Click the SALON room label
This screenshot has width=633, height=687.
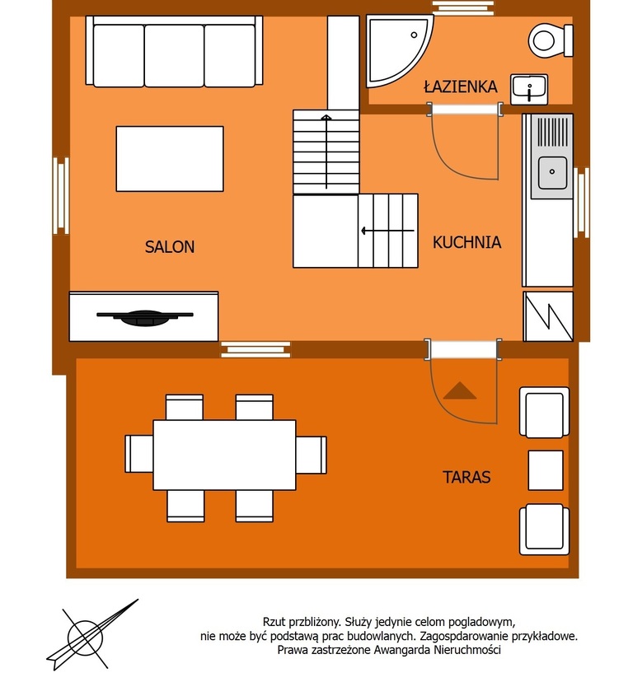(170, 246)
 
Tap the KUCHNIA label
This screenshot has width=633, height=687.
(467, 242)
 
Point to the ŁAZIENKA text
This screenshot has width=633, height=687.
(461, 86)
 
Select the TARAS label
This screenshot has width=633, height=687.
(467, 477)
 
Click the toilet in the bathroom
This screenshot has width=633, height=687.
(551, 40)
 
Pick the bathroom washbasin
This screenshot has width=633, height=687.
(529, 90)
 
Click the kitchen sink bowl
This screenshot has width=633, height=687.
(552, 172)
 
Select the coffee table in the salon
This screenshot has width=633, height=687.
(170, 159)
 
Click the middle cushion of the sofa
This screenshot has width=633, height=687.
(174, 56)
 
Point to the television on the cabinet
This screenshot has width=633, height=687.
(145, 317)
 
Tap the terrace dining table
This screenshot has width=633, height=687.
(224, 455)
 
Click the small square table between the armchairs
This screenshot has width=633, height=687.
(546, 470)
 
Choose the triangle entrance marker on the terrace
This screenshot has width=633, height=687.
(459, 390)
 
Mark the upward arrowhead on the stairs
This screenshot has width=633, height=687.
(326, 117)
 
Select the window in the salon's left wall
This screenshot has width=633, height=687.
(61, 196)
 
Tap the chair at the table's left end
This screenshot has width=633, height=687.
(139, 454)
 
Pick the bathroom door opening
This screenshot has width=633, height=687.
(465, 109)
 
